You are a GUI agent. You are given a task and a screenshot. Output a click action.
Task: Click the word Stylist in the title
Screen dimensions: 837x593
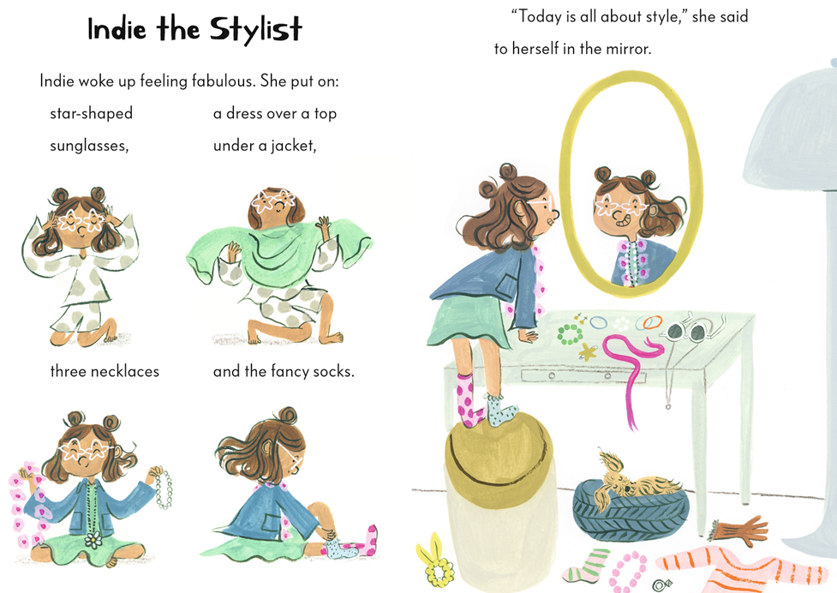tap(255, 29)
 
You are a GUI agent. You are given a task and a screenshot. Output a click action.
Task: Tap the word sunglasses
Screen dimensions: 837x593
tap(89, 146)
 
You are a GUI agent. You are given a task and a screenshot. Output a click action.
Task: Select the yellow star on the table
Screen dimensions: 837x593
tap(587, 351)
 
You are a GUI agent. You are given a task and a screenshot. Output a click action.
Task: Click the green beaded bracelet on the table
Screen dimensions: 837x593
tap(570, 334)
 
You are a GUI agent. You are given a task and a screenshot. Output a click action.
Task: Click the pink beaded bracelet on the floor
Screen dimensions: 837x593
tap(628, 571)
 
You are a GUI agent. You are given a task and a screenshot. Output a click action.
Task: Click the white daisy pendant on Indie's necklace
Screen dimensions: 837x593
tap(93, 540)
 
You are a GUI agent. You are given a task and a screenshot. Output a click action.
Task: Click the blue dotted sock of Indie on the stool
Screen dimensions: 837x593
tap(499, 410)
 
